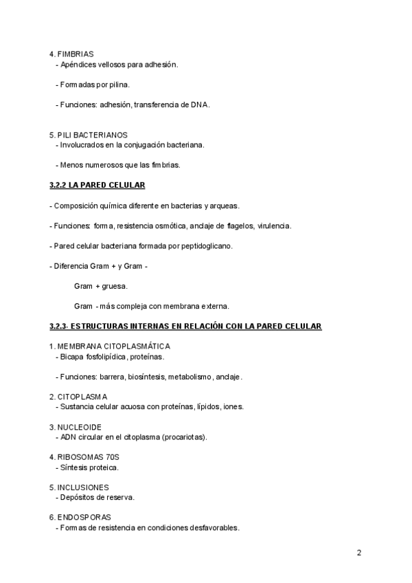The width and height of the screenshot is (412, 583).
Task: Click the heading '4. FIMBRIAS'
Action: pos(71,54)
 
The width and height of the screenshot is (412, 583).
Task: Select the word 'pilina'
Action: pos(117,85)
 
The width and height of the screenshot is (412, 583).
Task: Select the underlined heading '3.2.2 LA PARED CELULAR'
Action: pos(97,186)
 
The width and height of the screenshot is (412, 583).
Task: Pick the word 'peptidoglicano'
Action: pos(207,245)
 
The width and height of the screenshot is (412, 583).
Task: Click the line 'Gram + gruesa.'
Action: pos(100,285)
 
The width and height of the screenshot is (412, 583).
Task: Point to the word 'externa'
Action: pos(214,306)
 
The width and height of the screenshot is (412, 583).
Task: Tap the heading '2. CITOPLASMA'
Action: pos(78,397)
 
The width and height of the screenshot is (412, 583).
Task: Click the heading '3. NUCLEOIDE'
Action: pos(76,427)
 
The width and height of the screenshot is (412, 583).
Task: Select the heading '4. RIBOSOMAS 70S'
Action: pos(85,457)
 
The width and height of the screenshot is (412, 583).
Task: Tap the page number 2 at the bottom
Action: pos(359,553)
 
